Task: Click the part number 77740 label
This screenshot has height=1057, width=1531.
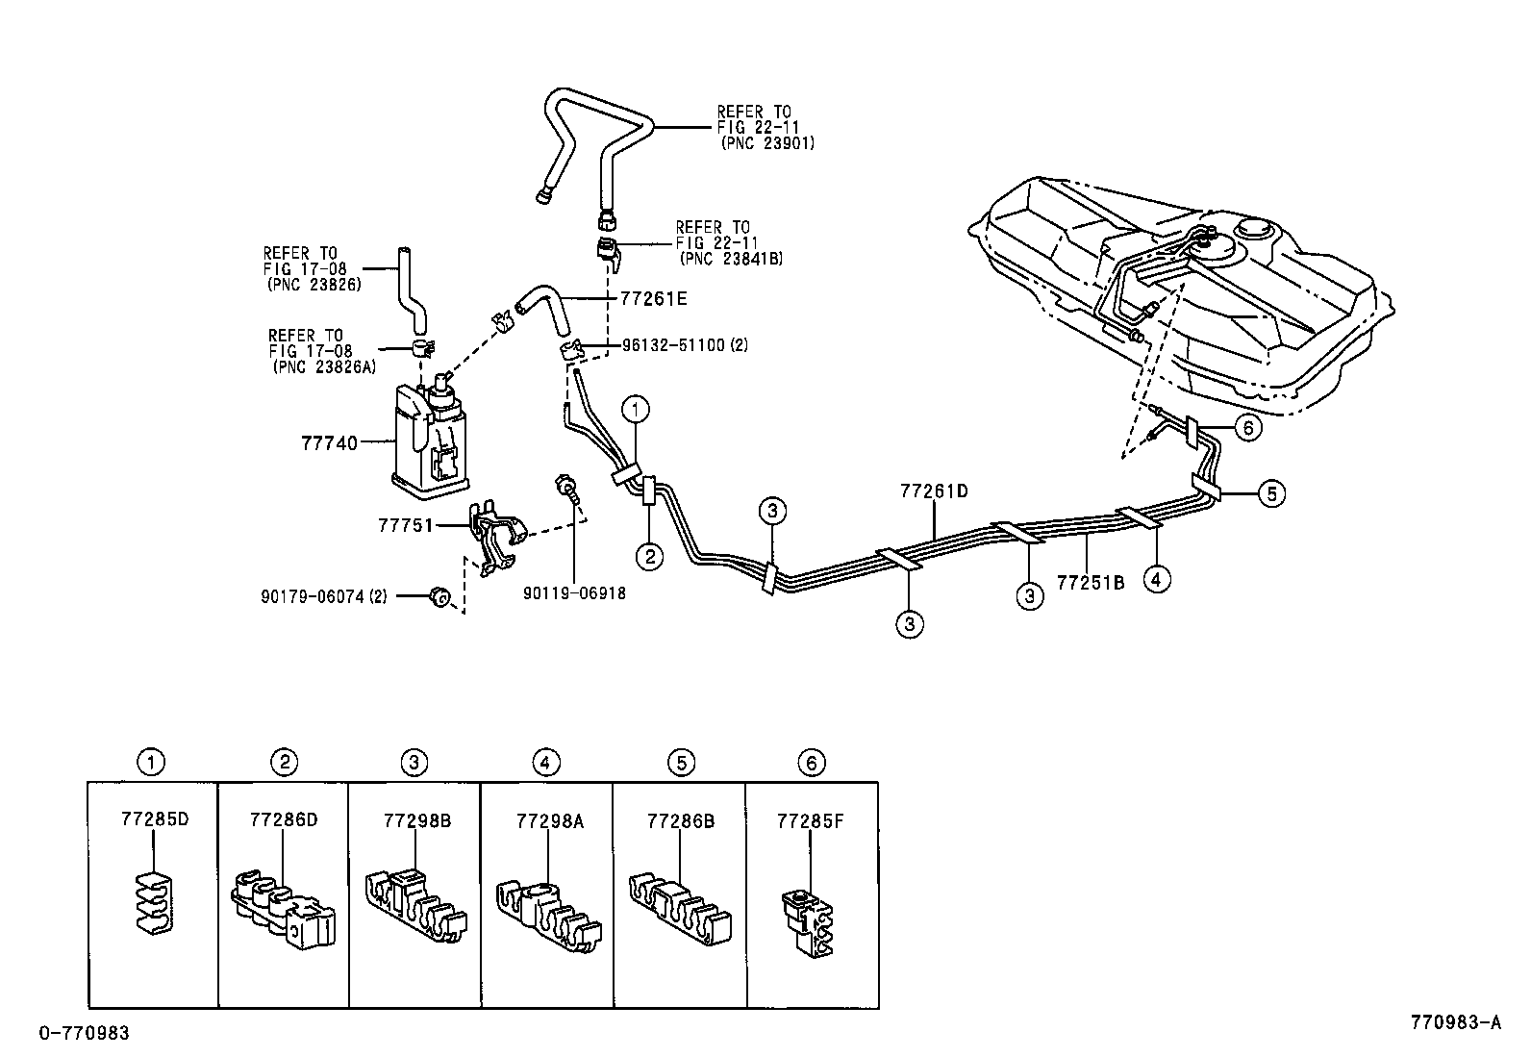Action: point(329,443)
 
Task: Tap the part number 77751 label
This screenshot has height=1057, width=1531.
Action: point(406,526)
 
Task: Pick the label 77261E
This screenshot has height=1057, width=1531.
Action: point(647,299)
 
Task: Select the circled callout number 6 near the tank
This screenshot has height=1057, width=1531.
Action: point(1246,427)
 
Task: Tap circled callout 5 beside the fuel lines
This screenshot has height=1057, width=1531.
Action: point(1270,493)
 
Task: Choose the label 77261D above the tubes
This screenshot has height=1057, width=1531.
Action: point(934,491)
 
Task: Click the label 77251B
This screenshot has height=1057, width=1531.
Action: point(1091,582)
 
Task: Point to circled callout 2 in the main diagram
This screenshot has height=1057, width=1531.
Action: point(649,557)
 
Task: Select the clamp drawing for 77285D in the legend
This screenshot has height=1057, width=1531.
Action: point(152,901)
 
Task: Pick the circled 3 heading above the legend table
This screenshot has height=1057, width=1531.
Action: point(414,763)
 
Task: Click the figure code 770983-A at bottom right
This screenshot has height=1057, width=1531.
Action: point(1455,1022)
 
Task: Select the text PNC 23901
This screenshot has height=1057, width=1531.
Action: point(767,142)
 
